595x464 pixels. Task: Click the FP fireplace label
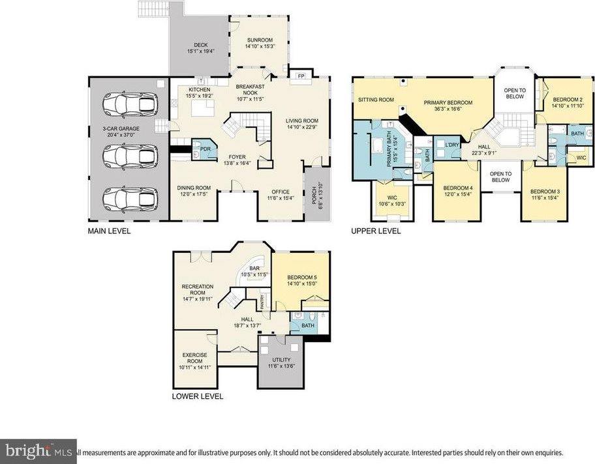click(301, 76)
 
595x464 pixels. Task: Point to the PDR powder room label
click(204, 148)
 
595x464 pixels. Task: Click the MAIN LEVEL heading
click(110, 231)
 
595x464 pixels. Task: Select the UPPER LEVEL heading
click(376, 231)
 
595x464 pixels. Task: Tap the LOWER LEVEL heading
click(197, 396)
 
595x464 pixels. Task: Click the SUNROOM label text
click(259, 40)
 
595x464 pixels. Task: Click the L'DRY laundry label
click(451, 144)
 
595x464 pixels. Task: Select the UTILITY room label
click(282, 360)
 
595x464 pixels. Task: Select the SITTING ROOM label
click(377, 100)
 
